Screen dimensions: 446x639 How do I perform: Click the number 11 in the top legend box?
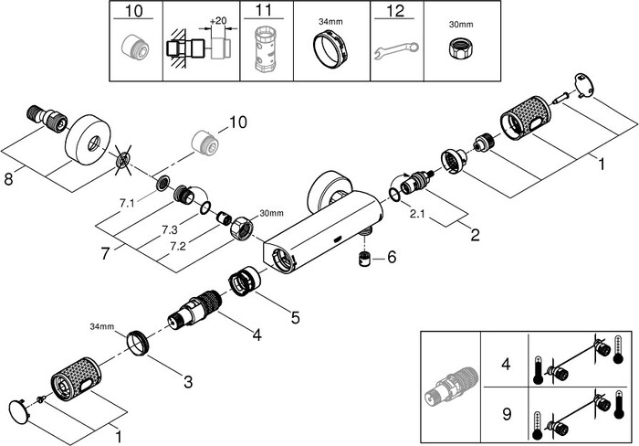(x=264, y=13)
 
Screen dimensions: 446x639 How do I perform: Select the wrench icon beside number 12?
(x=397, y=48)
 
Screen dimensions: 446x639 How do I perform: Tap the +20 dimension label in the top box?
(x=217, y=20)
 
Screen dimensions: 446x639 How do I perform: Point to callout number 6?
(x=392, y=258)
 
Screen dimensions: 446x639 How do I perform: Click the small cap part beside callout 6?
(x=364, y=259)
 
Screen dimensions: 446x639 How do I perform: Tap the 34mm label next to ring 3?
(x=101, y=326)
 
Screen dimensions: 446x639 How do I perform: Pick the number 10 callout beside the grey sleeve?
(x=238, y=122)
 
